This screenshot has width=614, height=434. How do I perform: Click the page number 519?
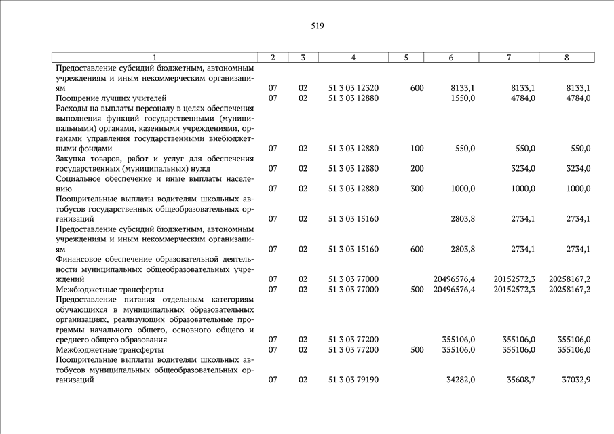coord(318,26)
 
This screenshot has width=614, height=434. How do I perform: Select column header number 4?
coord(353,58)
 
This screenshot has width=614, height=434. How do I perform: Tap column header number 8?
coord(567,58)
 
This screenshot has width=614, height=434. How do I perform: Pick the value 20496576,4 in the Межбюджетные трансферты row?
coord(454,290)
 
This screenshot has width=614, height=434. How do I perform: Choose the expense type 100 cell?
coord(417,149)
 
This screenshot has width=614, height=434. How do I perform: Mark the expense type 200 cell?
coord(417,168)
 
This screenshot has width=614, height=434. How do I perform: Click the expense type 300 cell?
coord(417,189)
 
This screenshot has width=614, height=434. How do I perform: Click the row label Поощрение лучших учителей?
coord(111,98)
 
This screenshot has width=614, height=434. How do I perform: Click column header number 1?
coord(155,58)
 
